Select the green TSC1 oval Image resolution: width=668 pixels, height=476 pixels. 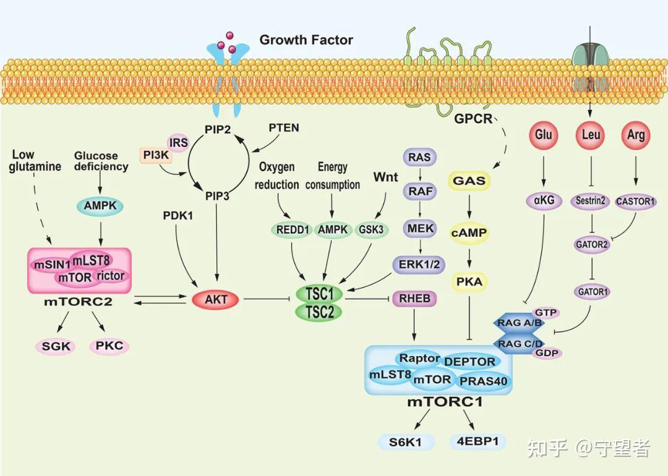(319, 293)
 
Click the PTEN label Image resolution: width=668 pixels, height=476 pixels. (284, 128)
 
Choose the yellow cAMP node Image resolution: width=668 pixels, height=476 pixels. (469, 233)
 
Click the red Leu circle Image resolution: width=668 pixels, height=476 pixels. (591, 135)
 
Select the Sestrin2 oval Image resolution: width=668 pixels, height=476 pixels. (591, 202)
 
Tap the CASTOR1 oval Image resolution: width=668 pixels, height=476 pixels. (636, 202)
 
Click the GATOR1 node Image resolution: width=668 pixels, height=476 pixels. (591, 290)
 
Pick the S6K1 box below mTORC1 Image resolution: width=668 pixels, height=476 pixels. (406, 442)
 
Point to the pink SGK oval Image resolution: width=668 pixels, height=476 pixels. (57, 346)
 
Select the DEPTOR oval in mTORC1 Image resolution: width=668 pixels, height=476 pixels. (469, 362)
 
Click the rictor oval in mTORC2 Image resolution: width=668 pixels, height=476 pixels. (111, 276)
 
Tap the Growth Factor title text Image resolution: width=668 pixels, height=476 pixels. (306, 40)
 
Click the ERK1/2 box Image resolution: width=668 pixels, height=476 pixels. (419, 264)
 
